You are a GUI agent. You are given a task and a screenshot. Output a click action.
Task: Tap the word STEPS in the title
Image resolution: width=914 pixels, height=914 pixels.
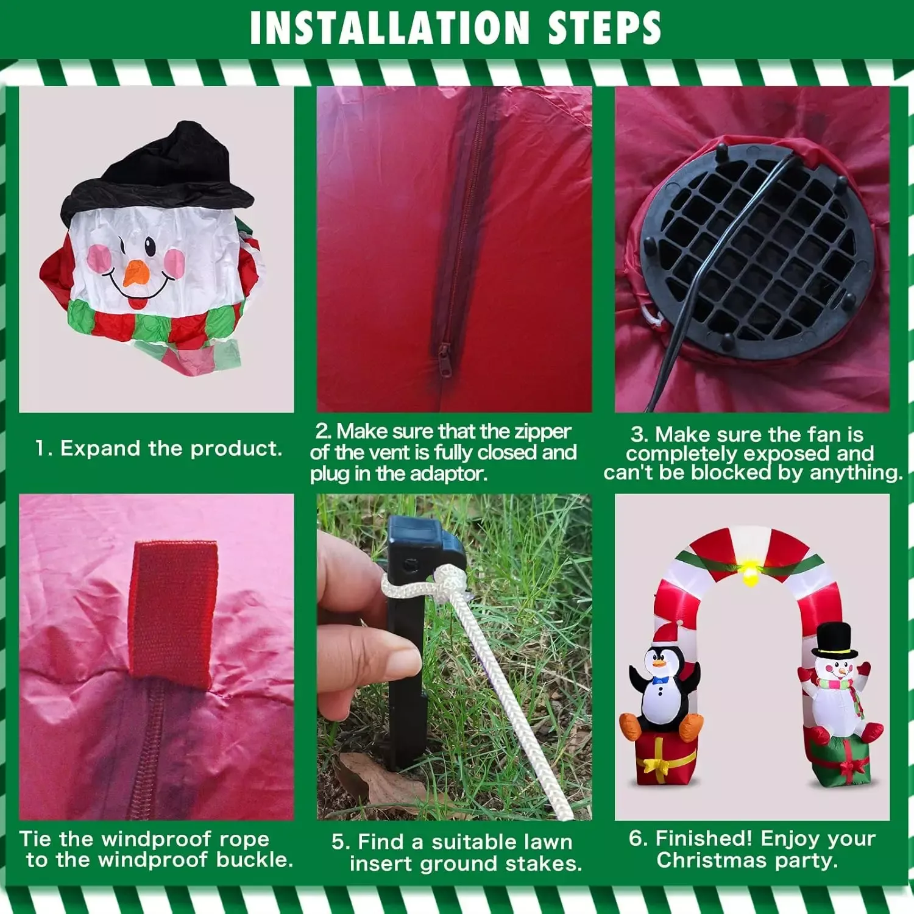pyautogui.click(x=604, y=27)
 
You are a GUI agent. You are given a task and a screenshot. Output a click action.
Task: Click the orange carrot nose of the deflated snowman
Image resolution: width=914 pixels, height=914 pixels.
pyautogui.click(x=136, y=274)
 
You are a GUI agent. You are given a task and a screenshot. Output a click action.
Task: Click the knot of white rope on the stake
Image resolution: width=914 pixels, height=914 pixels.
pyautogui.click(x=450, y=579)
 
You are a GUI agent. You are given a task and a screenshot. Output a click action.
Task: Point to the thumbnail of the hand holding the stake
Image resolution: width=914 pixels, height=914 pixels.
pyautogui.click(x=401, y=659)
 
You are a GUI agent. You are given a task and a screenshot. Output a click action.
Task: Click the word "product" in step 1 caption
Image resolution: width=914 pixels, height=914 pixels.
pyautogui.click(x=236, y=449)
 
